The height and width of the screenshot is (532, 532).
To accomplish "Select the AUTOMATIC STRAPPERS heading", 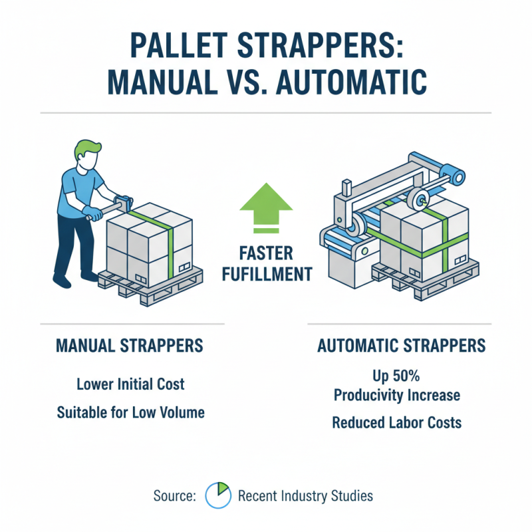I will [x=401, y=346].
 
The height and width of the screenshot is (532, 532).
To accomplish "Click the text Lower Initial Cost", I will [x=130, y=384].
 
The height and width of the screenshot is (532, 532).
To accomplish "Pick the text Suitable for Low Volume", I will [x=130, y=412].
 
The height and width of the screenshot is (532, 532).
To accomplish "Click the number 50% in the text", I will [x=410, y=376].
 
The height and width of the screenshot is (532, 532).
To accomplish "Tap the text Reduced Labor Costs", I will [x=397, y=422].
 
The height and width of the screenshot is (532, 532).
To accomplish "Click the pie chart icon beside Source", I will [x=217, y=495].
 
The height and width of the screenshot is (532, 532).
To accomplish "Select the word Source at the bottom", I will [x=174, y=495].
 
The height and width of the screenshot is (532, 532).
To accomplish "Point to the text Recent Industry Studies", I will [x=305, y=495].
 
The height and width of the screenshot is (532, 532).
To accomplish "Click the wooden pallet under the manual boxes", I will [x=146, y=286].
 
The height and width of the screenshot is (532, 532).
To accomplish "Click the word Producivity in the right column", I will [x=370, y=394].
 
